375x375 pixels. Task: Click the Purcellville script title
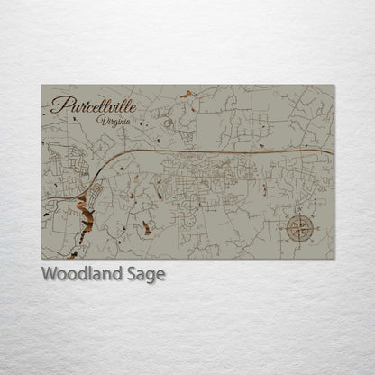pyautogui.click(x=94, y=105)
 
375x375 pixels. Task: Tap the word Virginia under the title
pyautogui.click(x=116, y=120)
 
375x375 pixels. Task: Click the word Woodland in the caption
pyautogui.click(x=81, y=274)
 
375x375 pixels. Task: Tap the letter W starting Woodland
pyautogui.click(x=50, y=274)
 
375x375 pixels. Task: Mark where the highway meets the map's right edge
pyautogui.click(x=333, y=153)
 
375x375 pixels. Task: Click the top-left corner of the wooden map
pyautogui.click(x=41, y=86)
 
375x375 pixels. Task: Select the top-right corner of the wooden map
pyautogui.click(x=334, y=86)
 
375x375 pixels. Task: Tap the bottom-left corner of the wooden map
pyautogui.click(x=41, y=259)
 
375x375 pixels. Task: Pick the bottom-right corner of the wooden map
pyautogui.click(x=334, y=259)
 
